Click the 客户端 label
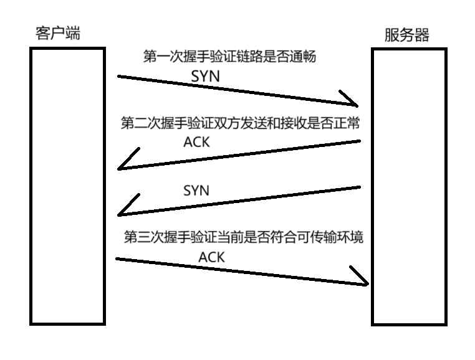tap(57, 34)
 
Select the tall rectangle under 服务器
tap(409, 187)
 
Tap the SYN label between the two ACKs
tap(196, 190)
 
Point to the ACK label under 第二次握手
tap(196, 143)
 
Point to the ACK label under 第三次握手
tap(212, 256)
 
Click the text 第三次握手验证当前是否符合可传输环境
tap(244, 237)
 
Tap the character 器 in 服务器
tap(423, 35)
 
